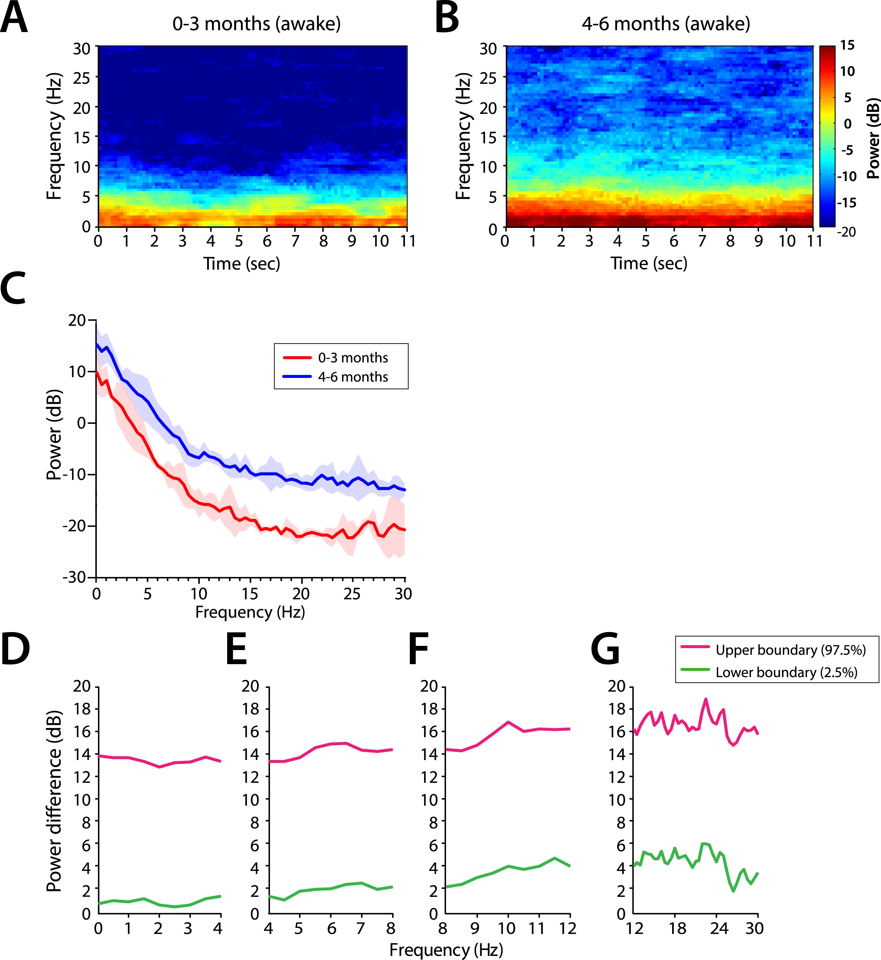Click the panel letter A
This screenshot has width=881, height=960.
tap(14, 18)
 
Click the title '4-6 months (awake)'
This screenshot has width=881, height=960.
tap(665, 23)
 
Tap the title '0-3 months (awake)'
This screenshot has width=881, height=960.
tap(257, 23)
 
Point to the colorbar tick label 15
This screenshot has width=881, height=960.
tap(847, 45)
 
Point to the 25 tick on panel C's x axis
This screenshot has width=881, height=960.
tap(352, 594)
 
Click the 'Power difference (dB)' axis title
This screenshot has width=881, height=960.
tap(54, 801)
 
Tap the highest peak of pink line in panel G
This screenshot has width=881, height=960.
tap(705, 700)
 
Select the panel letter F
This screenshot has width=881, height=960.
tap(419, 648)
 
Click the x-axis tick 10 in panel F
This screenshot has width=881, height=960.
tap(507, 928)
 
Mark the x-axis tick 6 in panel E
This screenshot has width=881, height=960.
tap(331, 928)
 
